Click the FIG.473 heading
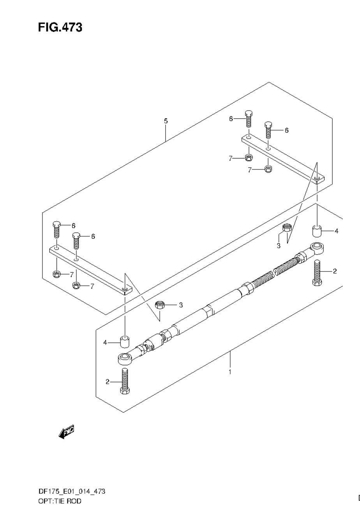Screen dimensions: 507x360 coord(60,28)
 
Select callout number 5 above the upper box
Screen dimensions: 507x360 coord(166,121)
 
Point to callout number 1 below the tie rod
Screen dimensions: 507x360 coord(230,372)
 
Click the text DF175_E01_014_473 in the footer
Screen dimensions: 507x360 coord(71,491)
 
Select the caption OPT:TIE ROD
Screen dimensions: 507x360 coord(60,501)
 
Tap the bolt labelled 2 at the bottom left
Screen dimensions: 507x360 coord(125,381)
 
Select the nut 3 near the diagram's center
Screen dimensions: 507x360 coord(159,305)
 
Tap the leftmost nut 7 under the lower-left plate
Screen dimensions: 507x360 coord(56,274)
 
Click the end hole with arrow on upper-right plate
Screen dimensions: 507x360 coord(318,179)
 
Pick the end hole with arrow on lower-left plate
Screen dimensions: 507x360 coord(125,289)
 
